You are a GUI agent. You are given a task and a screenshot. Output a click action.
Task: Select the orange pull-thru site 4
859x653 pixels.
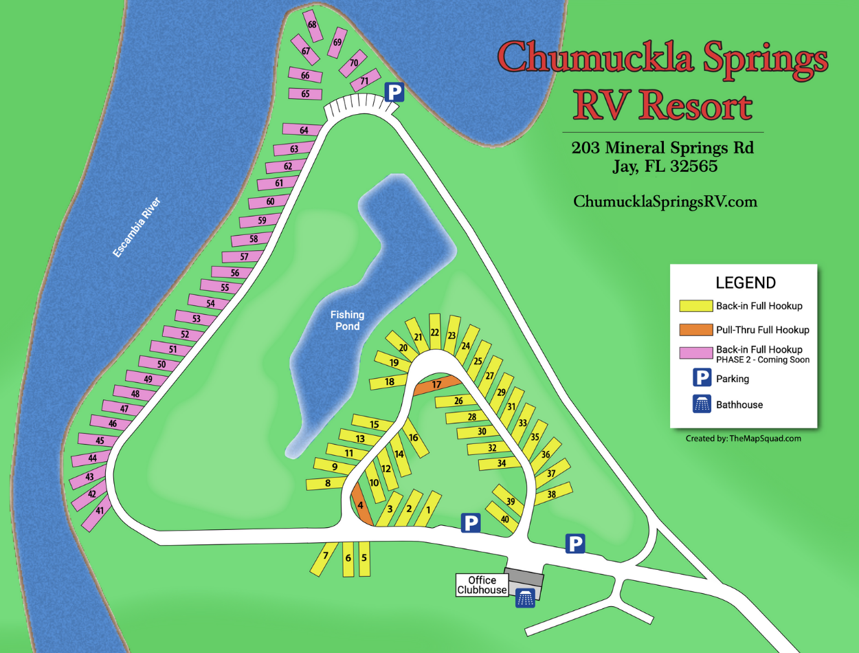(x=361, y=505)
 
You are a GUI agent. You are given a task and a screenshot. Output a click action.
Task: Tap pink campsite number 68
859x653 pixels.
(x=313, y=25)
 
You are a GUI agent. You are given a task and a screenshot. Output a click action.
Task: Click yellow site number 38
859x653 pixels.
(x=552, y=494)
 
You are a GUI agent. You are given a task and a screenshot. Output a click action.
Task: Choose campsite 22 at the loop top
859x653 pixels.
(x=435, y=333)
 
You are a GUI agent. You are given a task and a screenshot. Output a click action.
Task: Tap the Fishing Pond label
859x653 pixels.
(x=348, y=320)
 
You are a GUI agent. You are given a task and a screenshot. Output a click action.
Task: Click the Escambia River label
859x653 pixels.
(x=137, y=228)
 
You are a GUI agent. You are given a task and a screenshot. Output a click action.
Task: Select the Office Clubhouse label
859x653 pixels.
(x=482, y=585)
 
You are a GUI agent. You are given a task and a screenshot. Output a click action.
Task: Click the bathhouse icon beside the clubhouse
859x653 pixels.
(x=526, y=598)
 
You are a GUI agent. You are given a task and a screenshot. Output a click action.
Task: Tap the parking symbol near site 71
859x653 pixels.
(x=394, y=92)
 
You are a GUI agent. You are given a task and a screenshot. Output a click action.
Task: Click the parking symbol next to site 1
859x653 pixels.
(x=470, y=524)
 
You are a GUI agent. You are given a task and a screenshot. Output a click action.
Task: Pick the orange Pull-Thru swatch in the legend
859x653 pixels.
(x=695, y=329)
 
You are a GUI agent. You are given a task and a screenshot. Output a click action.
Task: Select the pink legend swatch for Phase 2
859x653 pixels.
(x=695, y=353)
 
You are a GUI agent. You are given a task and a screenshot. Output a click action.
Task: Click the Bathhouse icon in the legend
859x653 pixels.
(x=702, y=405)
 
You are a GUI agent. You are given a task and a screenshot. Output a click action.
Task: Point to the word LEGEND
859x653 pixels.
(x=746, y=283)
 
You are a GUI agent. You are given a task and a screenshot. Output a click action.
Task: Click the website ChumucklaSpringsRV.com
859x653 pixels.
(x=665, y=201)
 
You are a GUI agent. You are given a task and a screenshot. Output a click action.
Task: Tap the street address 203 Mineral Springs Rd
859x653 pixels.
(x=662, y=148)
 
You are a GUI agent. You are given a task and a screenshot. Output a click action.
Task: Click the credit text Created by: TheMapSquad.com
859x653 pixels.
(x=743, y=438)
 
